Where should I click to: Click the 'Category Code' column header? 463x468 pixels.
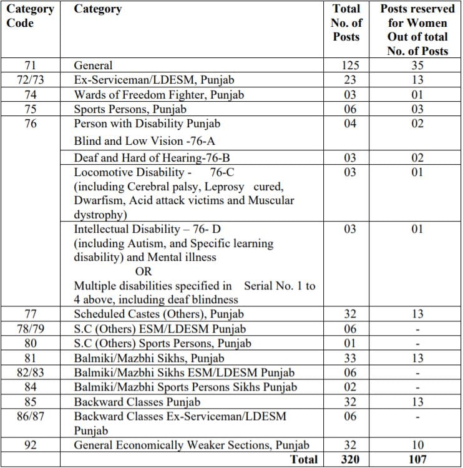point(30,16)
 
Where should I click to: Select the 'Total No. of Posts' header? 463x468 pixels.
point(346,23)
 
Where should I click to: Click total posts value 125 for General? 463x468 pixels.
point(350,66)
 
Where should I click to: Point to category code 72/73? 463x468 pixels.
point(30,80)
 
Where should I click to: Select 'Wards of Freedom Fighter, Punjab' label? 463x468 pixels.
point(158,95)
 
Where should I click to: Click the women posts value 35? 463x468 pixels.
point(417,66)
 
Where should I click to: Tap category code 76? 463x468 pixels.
point(30,124)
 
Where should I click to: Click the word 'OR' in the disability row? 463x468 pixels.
point(144,272)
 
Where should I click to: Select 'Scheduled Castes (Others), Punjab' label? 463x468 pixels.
point(158,314)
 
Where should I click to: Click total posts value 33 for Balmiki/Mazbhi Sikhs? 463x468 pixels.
point(350,358)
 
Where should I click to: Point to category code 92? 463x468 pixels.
point(30,445)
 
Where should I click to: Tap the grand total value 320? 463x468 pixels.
point(350,459)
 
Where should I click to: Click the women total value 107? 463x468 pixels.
point(417,459)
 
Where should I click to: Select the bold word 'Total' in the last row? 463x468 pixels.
point(304,459)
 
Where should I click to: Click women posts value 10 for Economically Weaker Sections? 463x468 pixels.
point(417,445)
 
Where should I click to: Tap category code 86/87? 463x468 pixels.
point(30,415)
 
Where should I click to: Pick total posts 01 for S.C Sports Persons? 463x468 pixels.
point(350,343)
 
